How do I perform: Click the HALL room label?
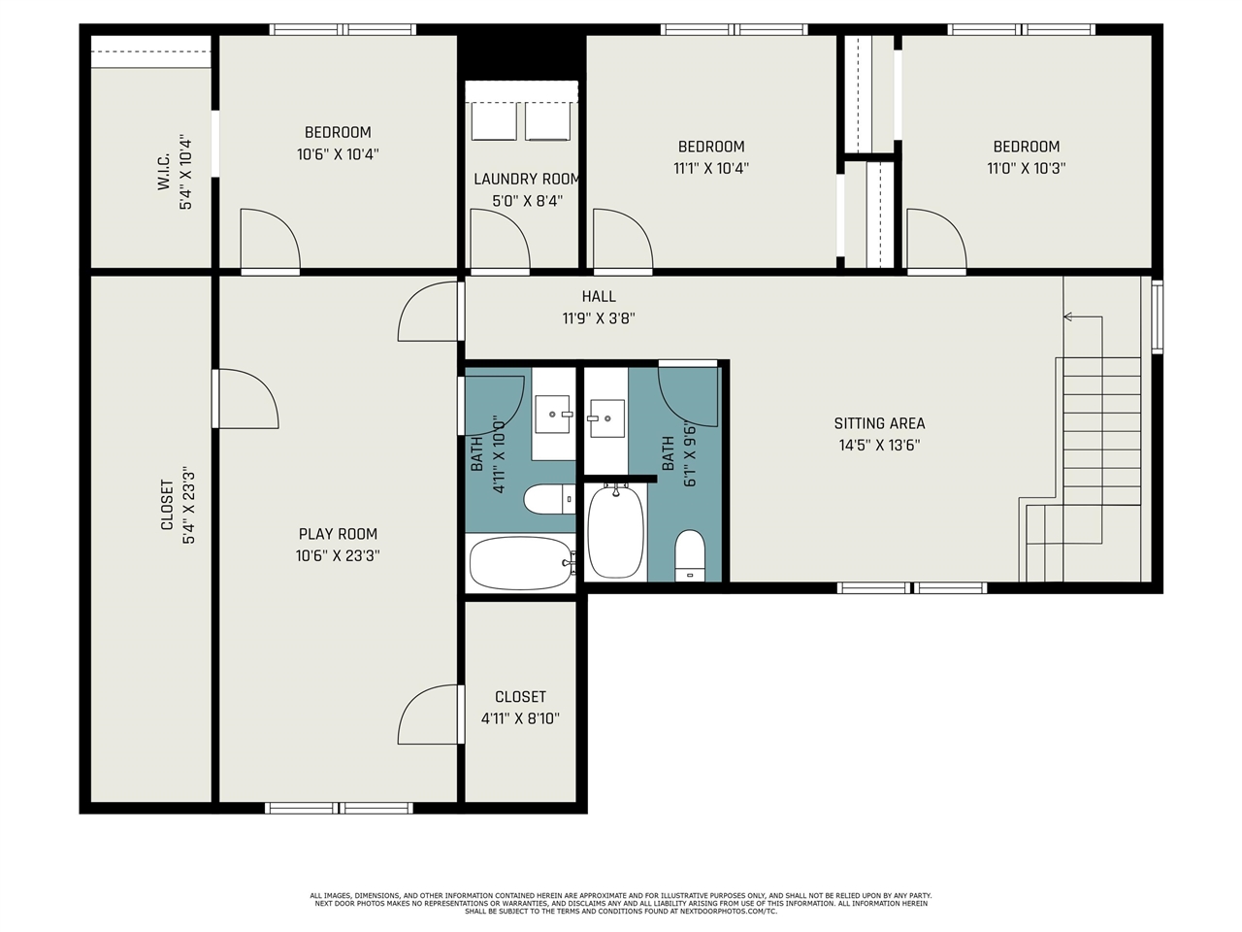pos(599,296)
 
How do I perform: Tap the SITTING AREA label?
pos(879,423)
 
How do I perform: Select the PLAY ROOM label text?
pos(338,534)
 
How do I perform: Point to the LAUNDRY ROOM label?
pos(526,180)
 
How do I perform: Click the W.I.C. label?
pos(164,172)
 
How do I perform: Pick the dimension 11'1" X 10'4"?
pos(711,168)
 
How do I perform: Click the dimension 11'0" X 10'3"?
pos(1027,168)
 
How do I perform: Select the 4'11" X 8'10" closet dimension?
pos(520,718)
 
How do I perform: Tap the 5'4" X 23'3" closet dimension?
pos(188,506)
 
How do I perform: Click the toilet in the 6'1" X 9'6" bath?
pos(690,555)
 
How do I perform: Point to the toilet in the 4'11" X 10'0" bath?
pos(549,499)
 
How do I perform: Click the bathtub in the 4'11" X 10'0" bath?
pos(521,563)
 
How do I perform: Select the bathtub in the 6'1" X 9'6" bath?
pos(615,532)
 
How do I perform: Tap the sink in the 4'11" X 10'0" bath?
pos(552,415)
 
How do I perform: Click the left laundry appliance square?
pos(494,120)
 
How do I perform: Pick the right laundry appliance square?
pos(547,120)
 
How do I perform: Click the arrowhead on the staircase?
pos(1067,316)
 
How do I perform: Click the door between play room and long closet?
pos(245,398)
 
